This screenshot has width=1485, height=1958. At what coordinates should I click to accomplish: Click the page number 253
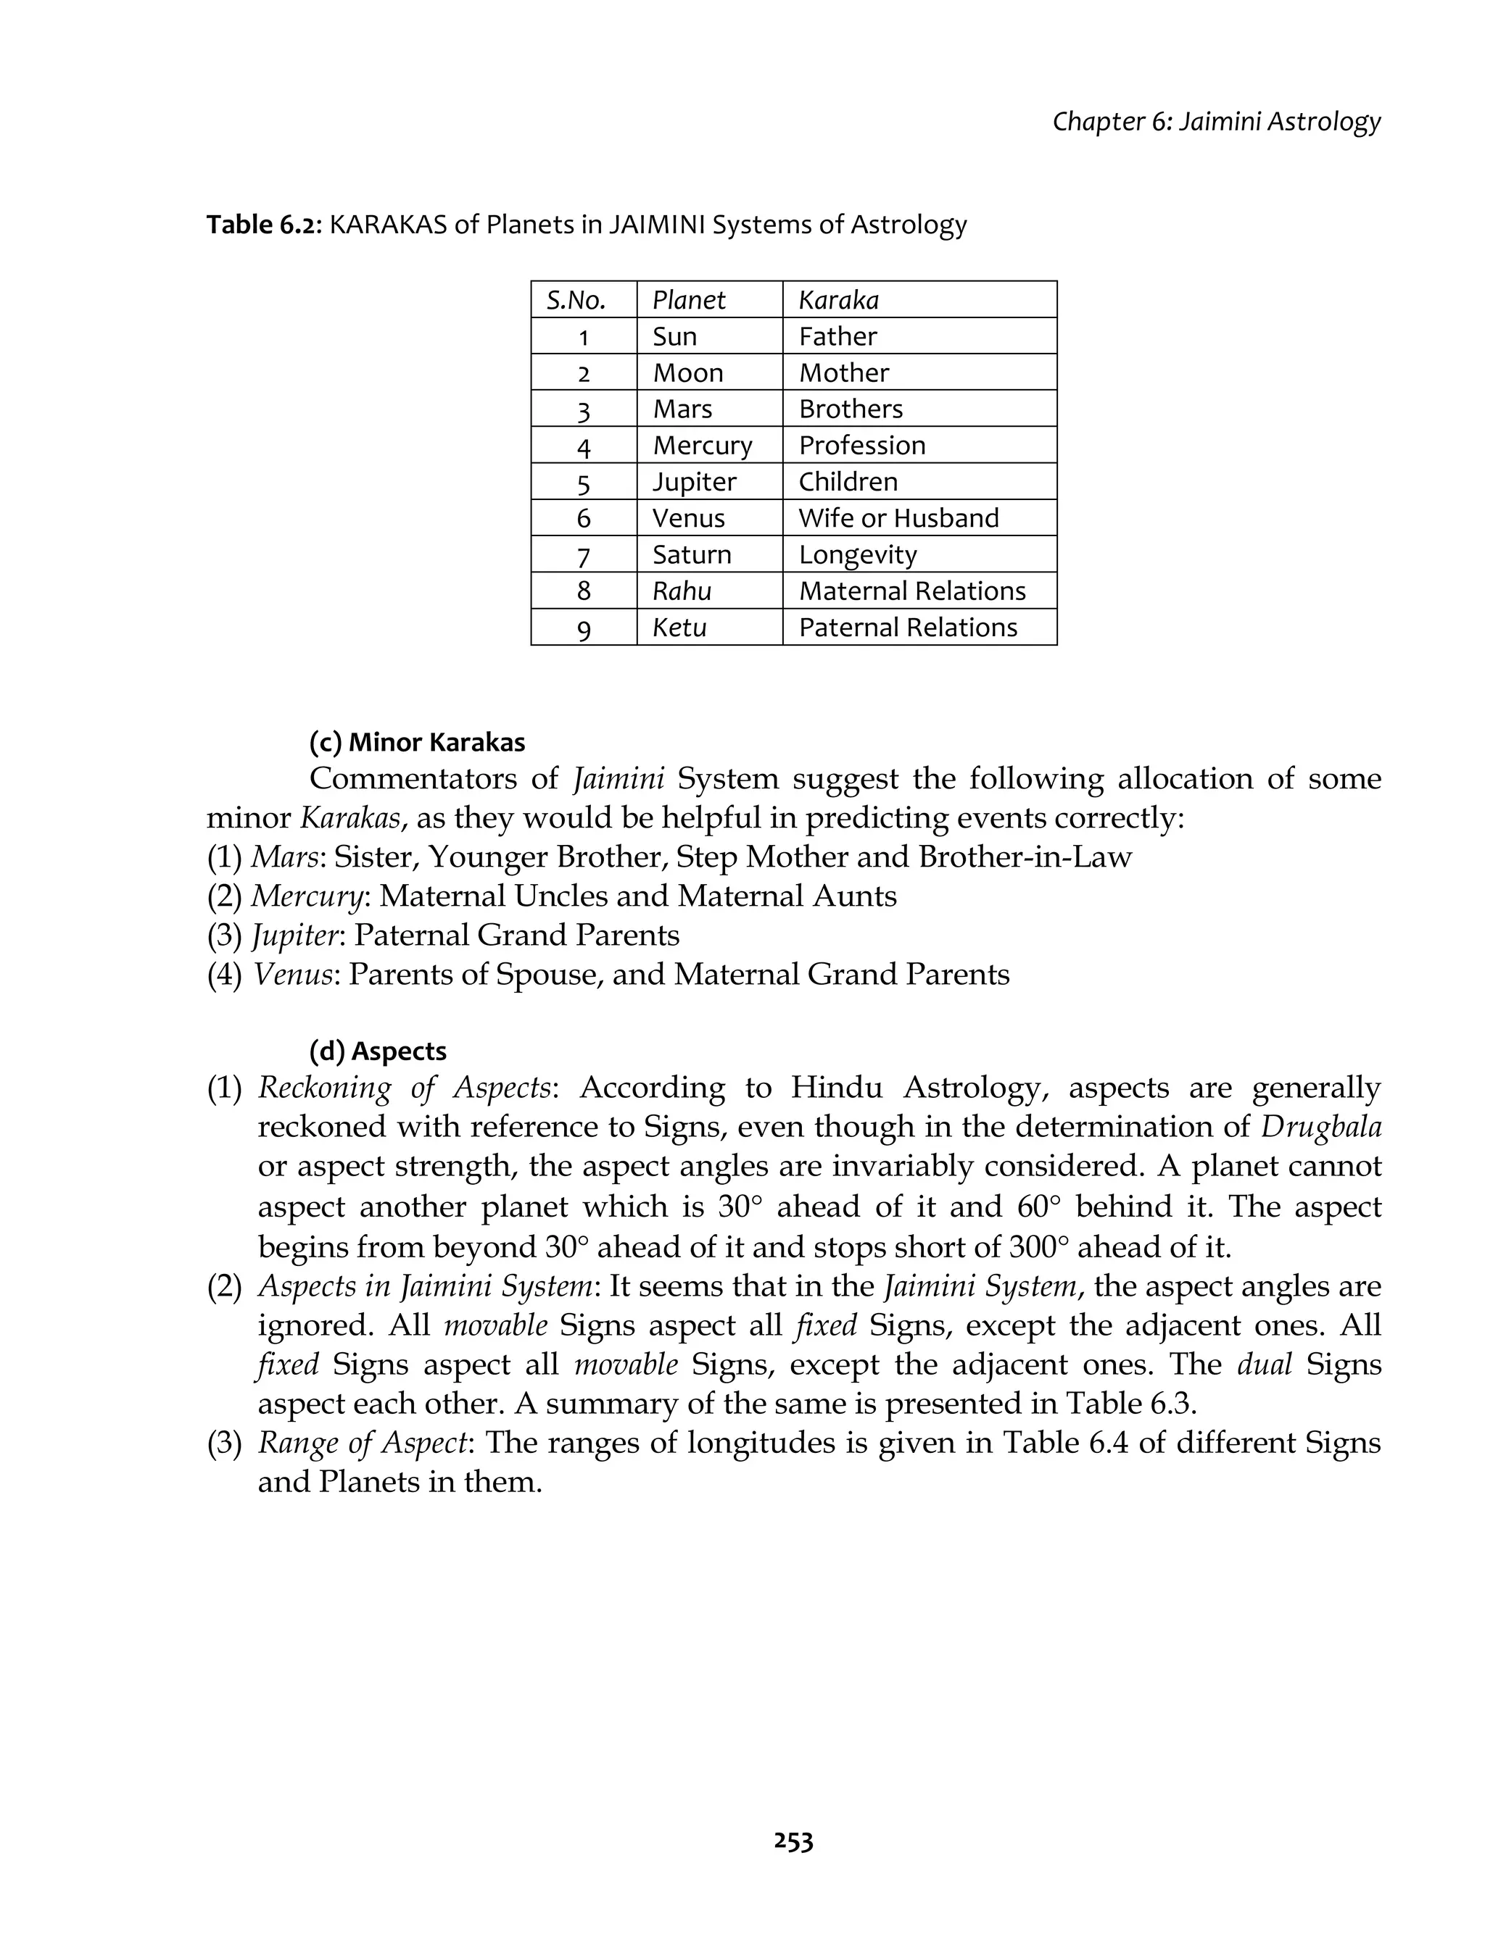coord(793,1842)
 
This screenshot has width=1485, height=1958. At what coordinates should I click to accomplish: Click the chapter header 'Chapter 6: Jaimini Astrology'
coord(1216,121)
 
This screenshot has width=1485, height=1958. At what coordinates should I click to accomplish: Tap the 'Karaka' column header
coord(839,300)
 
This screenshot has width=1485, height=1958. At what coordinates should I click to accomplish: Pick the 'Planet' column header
coord(688,300)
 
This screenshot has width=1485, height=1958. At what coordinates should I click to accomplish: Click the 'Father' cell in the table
coord(837,336)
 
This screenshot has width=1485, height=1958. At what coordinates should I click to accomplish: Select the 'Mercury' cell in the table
coord(702,445)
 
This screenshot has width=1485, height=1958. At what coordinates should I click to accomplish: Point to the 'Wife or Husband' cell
coord(898,518)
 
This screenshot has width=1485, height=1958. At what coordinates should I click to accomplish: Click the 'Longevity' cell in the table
coord(857,555)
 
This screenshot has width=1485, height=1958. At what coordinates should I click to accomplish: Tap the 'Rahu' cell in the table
coord(682,591)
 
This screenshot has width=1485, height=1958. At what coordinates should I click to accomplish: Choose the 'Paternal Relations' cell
coord(908,628)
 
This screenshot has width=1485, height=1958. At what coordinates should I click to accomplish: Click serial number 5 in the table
coord(584,483)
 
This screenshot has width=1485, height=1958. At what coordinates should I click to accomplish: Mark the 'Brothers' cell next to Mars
coord(850,409)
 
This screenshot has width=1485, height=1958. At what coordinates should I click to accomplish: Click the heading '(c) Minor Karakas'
coord(417,742)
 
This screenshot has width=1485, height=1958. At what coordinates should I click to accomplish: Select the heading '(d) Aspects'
coord(377,1051)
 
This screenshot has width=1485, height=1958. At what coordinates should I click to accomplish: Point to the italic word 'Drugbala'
coord(1320,1128)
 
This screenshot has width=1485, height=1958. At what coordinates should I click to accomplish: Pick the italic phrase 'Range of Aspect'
coord(362,1443)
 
